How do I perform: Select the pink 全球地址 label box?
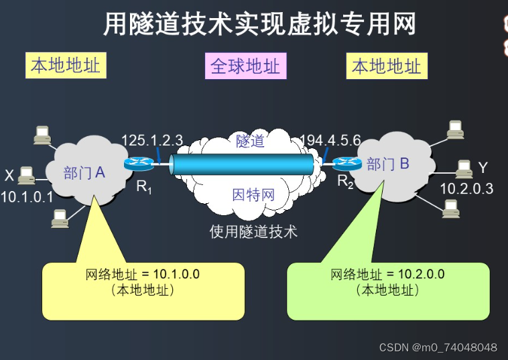click(x=246, y=66)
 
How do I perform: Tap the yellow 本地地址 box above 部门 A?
click(x=66, y=66)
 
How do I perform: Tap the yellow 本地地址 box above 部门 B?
click(x=387, y=66)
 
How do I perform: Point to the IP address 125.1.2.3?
click(x=152, y=140)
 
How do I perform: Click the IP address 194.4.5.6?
click(x=330, y=140)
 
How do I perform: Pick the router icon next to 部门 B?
click(x=347, y=163)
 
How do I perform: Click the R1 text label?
click(x=143, y=187)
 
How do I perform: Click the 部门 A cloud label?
click(x=84, y=172)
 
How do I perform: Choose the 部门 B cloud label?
click(x=388, y=164)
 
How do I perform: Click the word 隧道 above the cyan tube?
click(x=250, y=141)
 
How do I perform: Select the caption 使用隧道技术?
click(x=253, y=232)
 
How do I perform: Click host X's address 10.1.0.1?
click(x=27, y=196)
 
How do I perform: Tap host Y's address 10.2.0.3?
click(x=466, y=188)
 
